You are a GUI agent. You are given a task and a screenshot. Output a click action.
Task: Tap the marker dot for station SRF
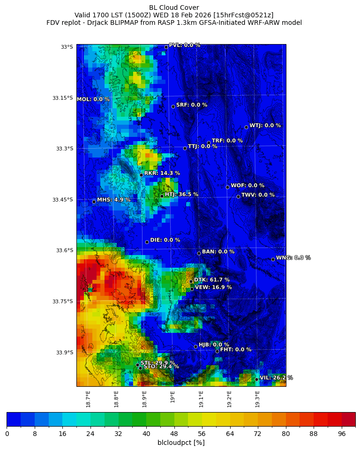tap(173, 106)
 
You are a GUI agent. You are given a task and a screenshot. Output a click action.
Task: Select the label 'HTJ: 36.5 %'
tap(181, 195)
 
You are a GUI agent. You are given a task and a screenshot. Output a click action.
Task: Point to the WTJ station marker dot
tap(246, 127)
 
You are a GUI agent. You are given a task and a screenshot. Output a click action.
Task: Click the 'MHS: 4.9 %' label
tap(113, 200)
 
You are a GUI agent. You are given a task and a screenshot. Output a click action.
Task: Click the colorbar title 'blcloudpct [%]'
tap(181, 443)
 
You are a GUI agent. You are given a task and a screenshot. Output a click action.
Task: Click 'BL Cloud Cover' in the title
tap(174, 8)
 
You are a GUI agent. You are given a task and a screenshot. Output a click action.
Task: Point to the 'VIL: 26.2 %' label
tap(276, 378)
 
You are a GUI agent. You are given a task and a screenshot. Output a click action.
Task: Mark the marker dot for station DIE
tap(147, 242)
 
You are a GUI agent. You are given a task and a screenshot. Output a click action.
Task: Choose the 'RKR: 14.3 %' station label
tap(162, 173)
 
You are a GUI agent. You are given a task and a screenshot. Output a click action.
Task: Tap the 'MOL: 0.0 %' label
tap(93, 99)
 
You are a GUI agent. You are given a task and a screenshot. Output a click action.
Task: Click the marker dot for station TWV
tap(238, 196)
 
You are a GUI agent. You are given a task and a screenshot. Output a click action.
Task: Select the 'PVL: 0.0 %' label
tap(184, 45)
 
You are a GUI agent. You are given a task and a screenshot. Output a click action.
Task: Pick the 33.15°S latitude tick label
tap(63, 98)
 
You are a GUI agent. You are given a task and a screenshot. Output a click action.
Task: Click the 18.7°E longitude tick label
tap(88, 398)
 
